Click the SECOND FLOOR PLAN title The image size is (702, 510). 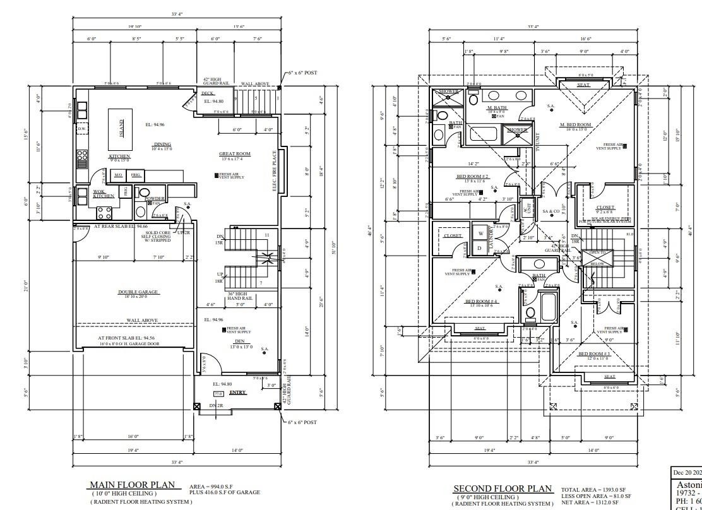(502, 489)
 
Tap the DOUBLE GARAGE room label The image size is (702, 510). (138, 292)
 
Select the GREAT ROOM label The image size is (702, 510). (235, 153)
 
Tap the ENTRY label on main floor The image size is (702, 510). (237, 393)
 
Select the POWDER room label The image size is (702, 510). (155, 199)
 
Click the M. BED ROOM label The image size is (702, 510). (575, 125)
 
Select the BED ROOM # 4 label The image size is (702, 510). (482, 302)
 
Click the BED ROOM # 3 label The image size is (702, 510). (594, 353)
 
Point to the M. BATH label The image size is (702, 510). (497, 108)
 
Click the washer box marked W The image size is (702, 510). (480, 232)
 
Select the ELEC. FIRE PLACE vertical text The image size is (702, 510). (274, 170)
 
